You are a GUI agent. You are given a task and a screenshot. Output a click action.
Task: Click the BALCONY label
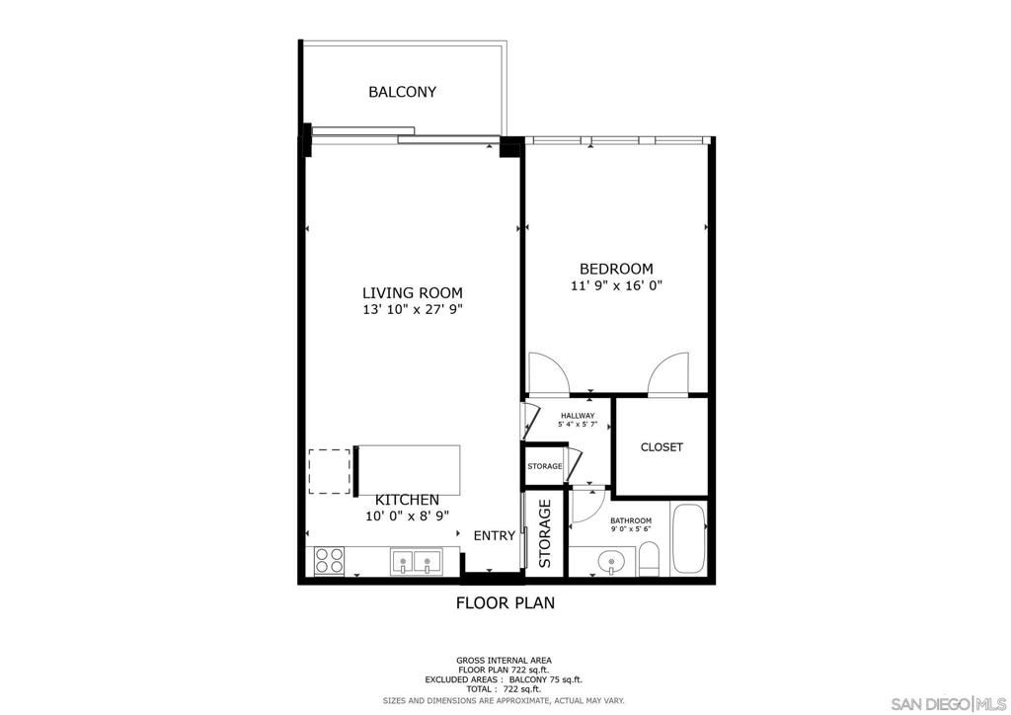pyautogui.click(x=402, y=92)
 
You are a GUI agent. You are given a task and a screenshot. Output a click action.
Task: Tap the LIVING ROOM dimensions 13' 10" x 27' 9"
pyautogui.click(x=412, y=310)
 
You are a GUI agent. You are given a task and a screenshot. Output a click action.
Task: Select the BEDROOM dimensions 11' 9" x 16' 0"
pyautogui.click(x=615, y=286)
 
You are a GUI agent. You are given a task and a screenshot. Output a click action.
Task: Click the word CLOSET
pyautogui.click(x=661, y=447)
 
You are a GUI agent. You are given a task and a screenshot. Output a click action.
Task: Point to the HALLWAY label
pyautogui.click(x=577, y=416)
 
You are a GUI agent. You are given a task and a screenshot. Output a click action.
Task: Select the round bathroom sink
pyautogui.click(x=612, y=564)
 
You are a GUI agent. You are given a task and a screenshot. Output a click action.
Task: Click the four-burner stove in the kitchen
pyautogui.click(x=328, y=561)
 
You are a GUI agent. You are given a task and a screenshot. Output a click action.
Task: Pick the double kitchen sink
pyautogui.click(x=415, y=562)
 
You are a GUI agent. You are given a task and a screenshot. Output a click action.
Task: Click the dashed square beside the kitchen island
pyautogui.click(x=330, y=471)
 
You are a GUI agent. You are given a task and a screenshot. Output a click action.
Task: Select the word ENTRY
pyautogui.click(x=494, y=536)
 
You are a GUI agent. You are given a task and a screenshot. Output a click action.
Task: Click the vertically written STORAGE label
pyautogui.click(x=545, y=533)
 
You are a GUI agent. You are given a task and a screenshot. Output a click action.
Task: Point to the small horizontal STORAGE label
pyautogui.click(x=544, y=466)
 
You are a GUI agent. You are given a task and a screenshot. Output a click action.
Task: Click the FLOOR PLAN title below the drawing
pyautogui.click(x=505, y=602)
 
